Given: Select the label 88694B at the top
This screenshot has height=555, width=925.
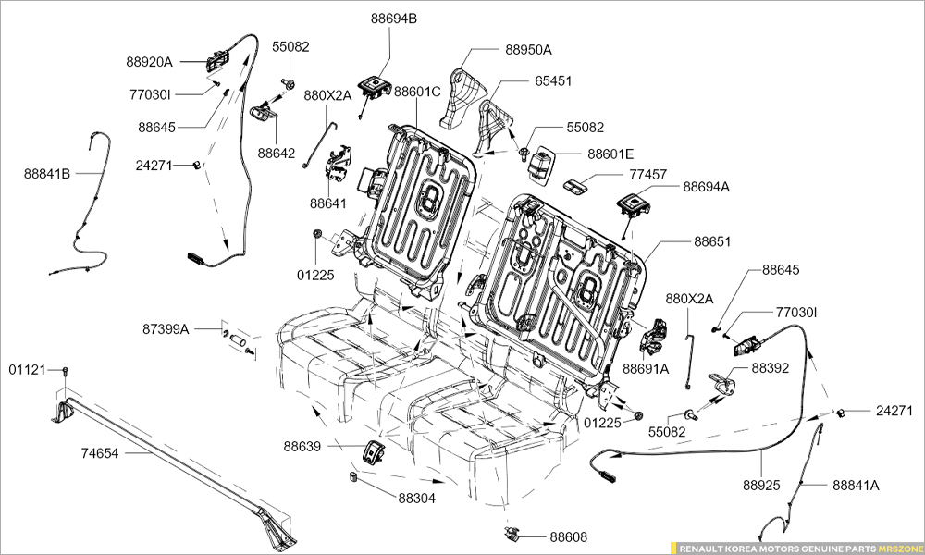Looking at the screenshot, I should pyautogui.click(x=394, y=18).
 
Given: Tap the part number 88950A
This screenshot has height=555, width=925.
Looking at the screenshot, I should pyautogui.click(x=528, y=50).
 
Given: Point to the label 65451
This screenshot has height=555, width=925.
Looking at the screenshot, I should pyautogui.click(x=553, y=80).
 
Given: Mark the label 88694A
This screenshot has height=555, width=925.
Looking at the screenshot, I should pyautogui.click(x=707, y=186).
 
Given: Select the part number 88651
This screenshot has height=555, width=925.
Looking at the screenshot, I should pyautogui.click(x=712, y=241).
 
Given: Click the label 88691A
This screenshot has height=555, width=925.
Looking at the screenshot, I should pyautogui.click(x=646, y=368).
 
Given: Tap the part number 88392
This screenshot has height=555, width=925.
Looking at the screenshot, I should pyautogui.click(x=770, y=367).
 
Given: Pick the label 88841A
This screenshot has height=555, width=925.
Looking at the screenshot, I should pyautogui.click(x=856, y=485).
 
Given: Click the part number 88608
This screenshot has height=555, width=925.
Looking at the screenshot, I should pyautogui.click(x=568, y=536).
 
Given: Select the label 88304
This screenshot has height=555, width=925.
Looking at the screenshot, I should pyautogui.click(x=417, y=498).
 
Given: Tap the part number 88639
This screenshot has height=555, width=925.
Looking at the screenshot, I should pyautogui.click(x=302, y=446).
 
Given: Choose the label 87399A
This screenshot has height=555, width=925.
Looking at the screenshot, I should pyautogui.click(x=166, y=328).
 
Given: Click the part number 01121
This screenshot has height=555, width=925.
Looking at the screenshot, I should pyautogui.click(x=27, y=369).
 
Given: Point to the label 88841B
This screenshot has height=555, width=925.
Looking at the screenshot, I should pyautogui.click(x=47, y=173).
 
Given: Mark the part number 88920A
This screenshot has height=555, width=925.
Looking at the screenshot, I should pyautogui.click(x=150, y=62).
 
